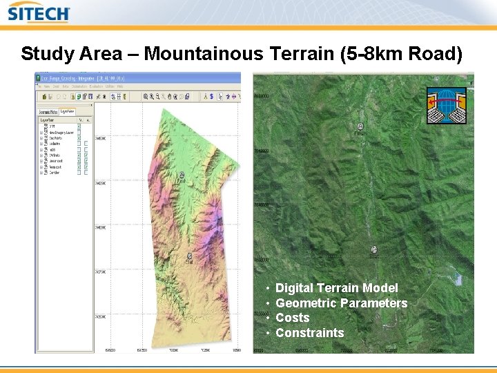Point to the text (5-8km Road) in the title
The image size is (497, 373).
[x=404, y=54]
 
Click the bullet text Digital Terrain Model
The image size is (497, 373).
[x=337, y=287]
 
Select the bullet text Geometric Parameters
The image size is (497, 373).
[x=342, y=303]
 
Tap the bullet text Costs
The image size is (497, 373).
[x=293, y=318]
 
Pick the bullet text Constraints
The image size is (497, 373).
[x=309, y=333]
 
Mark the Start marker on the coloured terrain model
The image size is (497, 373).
[x=189, y=256]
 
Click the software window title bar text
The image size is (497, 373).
[x=76, y=79]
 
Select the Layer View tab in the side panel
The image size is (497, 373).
[x=68, y=111]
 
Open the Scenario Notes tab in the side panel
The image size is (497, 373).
[x=48, y=111]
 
